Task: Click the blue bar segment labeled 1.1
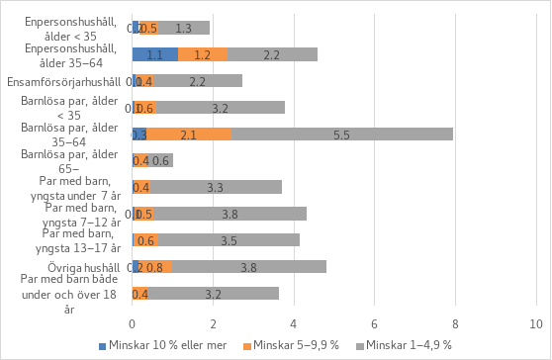pos(154,54)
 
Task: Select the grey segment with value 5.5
pos(342,134)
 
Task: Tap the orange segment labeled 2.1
pos(189,134)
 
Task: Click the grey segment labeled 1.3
pos(184,28)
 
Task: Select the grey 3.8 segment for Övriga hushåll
pos(249,266)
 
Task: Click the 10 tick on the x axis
pos(536,322)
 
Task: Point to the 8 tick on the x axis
pos(455,322)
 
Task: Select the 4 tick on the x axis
pos(294,322)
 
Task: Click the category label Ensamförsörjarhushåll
pos(64,81)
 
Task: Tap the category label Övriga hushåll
pos(84,266)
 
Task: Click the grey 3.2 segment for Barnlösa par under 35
pos(221,108)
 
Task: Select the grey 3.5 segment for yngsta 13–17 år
pos(229,239)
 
